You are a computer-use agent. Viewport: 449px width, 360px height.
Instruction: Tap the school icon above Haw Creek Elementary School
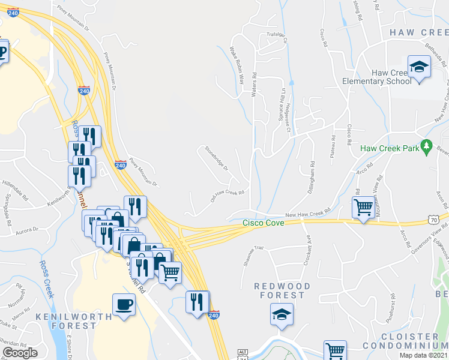click(419, 67)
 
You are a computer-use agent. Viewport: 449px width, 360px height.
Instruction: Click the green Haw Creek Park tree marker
click(427, 145)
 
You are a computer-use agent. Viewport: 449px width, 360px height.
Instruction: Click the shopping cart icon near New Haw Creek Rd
click(363, 208)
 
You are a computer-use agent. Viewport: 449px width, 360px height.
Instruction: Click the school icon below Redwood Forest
click(282, 314)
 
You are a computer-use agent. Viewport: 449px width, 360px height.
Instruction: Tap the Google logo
click(20, 353)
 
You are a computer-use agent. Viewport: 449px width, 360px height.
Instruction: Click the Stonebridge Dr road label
click(217, 158)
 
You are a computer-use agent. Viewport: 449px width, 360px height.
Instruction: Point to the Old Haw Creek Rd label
click(227, 197)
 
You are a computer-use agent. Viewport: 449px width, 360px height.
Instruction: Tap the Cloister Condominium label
click(412, 341)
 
